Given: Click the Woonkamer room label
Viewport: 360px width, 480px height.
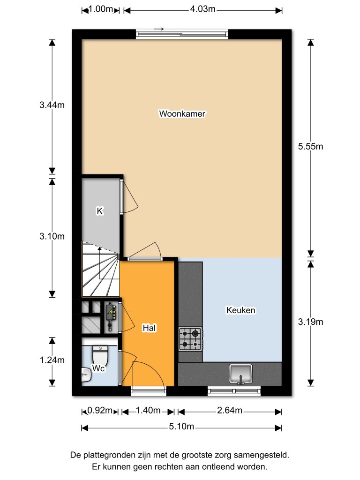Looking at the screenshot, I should pos(183,113).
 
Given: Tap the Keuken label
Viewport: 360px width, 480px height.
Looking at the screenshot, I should pos(240,310).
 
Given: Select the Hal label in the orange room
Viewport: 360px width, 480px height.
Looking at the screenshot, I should pos(149,329).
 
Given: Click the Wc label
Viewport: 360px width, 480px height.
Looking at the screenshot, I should pos(98,368).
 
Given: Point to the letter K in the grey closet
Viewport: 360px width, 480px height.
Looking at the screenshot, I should pos(99,211).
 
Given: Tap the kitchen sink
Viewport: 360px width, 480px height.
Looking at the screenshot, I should pos(241,374).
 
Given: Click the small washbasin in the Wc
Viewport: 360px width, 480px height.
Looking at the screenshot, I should pos(85,374).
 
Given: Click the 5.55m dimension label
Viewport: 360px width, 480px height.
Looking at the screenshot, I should pos(311,146).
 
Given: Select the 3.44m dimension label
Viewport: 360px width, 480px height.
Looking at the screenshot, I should pos(52,105).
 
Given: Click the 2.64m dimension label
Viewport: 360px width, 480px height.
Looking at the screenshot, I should pos(229,411).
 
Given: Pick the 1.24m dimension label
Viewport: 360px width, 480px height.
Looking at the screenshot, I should pos(52,360).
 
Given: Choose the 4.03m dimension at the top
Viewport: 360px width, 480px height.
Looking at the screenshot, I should pos(203,9).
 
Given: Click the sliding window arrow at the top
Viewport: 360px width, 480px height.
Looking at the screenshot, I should pos(158,29).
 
